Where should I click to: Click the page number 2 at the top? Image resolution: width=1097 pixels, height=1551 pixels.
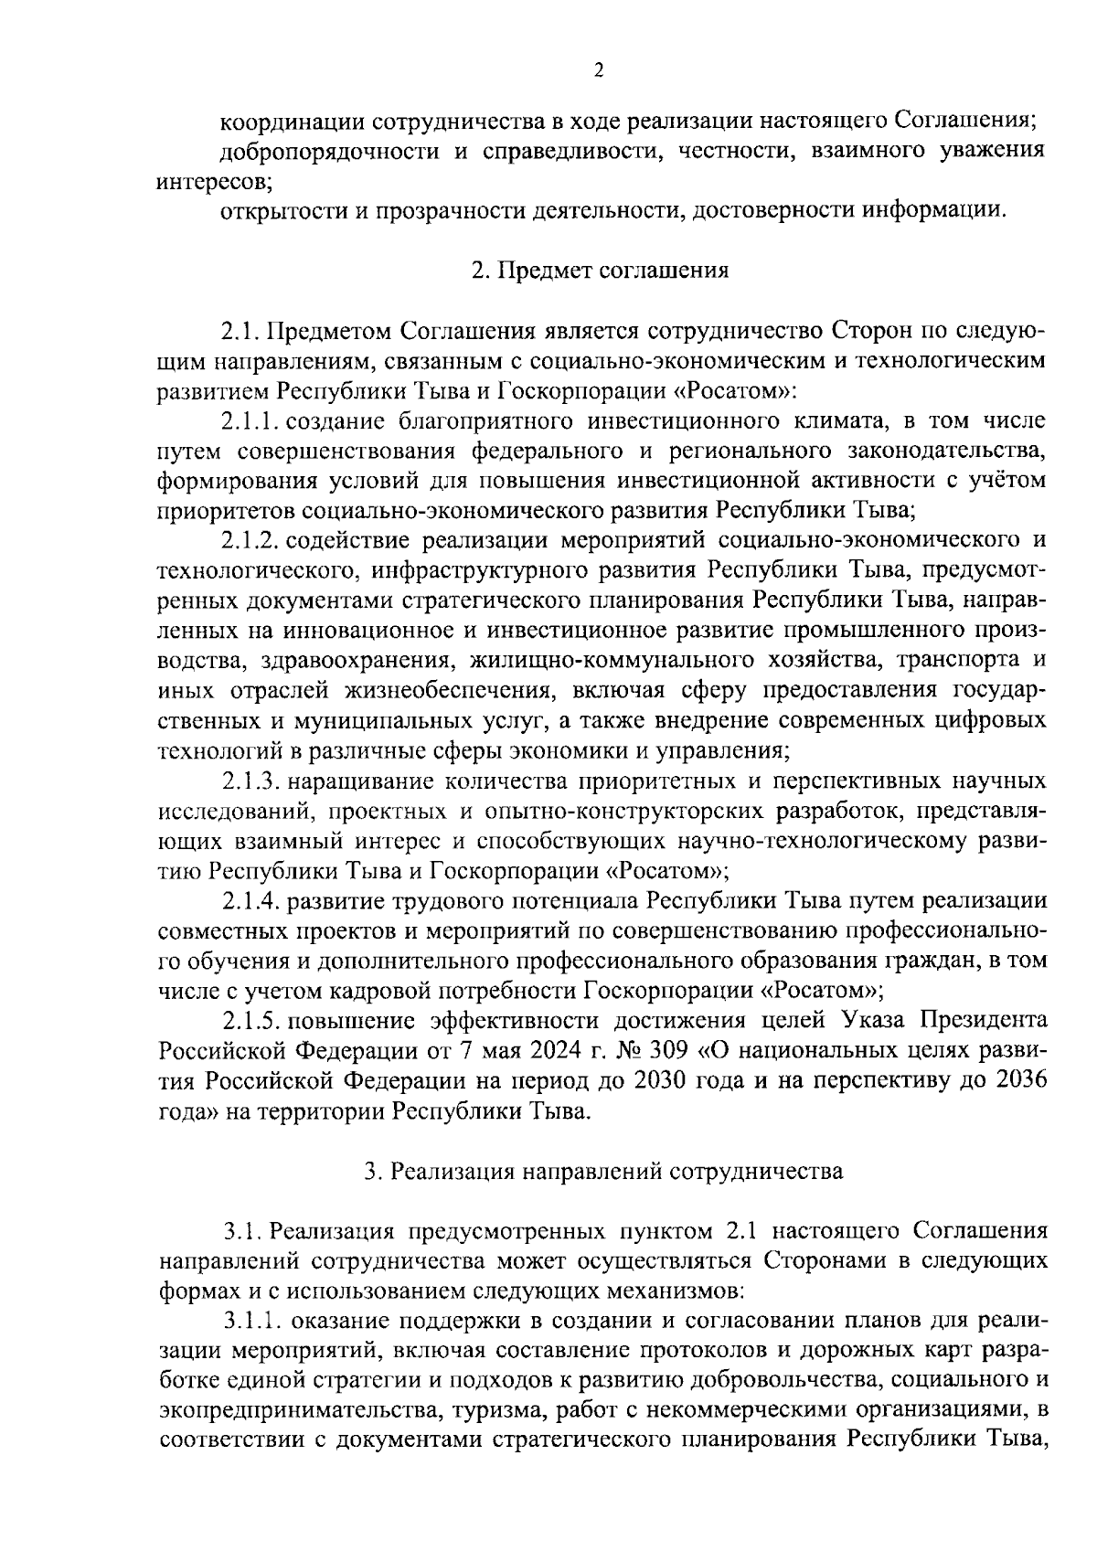(599, 70)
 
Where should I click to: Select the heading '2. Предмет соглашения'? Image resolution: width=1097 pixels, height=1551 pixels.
(600, 271)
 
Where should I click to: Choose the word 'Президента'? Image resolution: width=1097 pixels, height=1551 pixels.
(984, 1021)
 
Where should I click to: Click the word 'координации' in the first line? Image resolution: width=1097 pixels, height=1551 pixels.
(292, 121)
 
